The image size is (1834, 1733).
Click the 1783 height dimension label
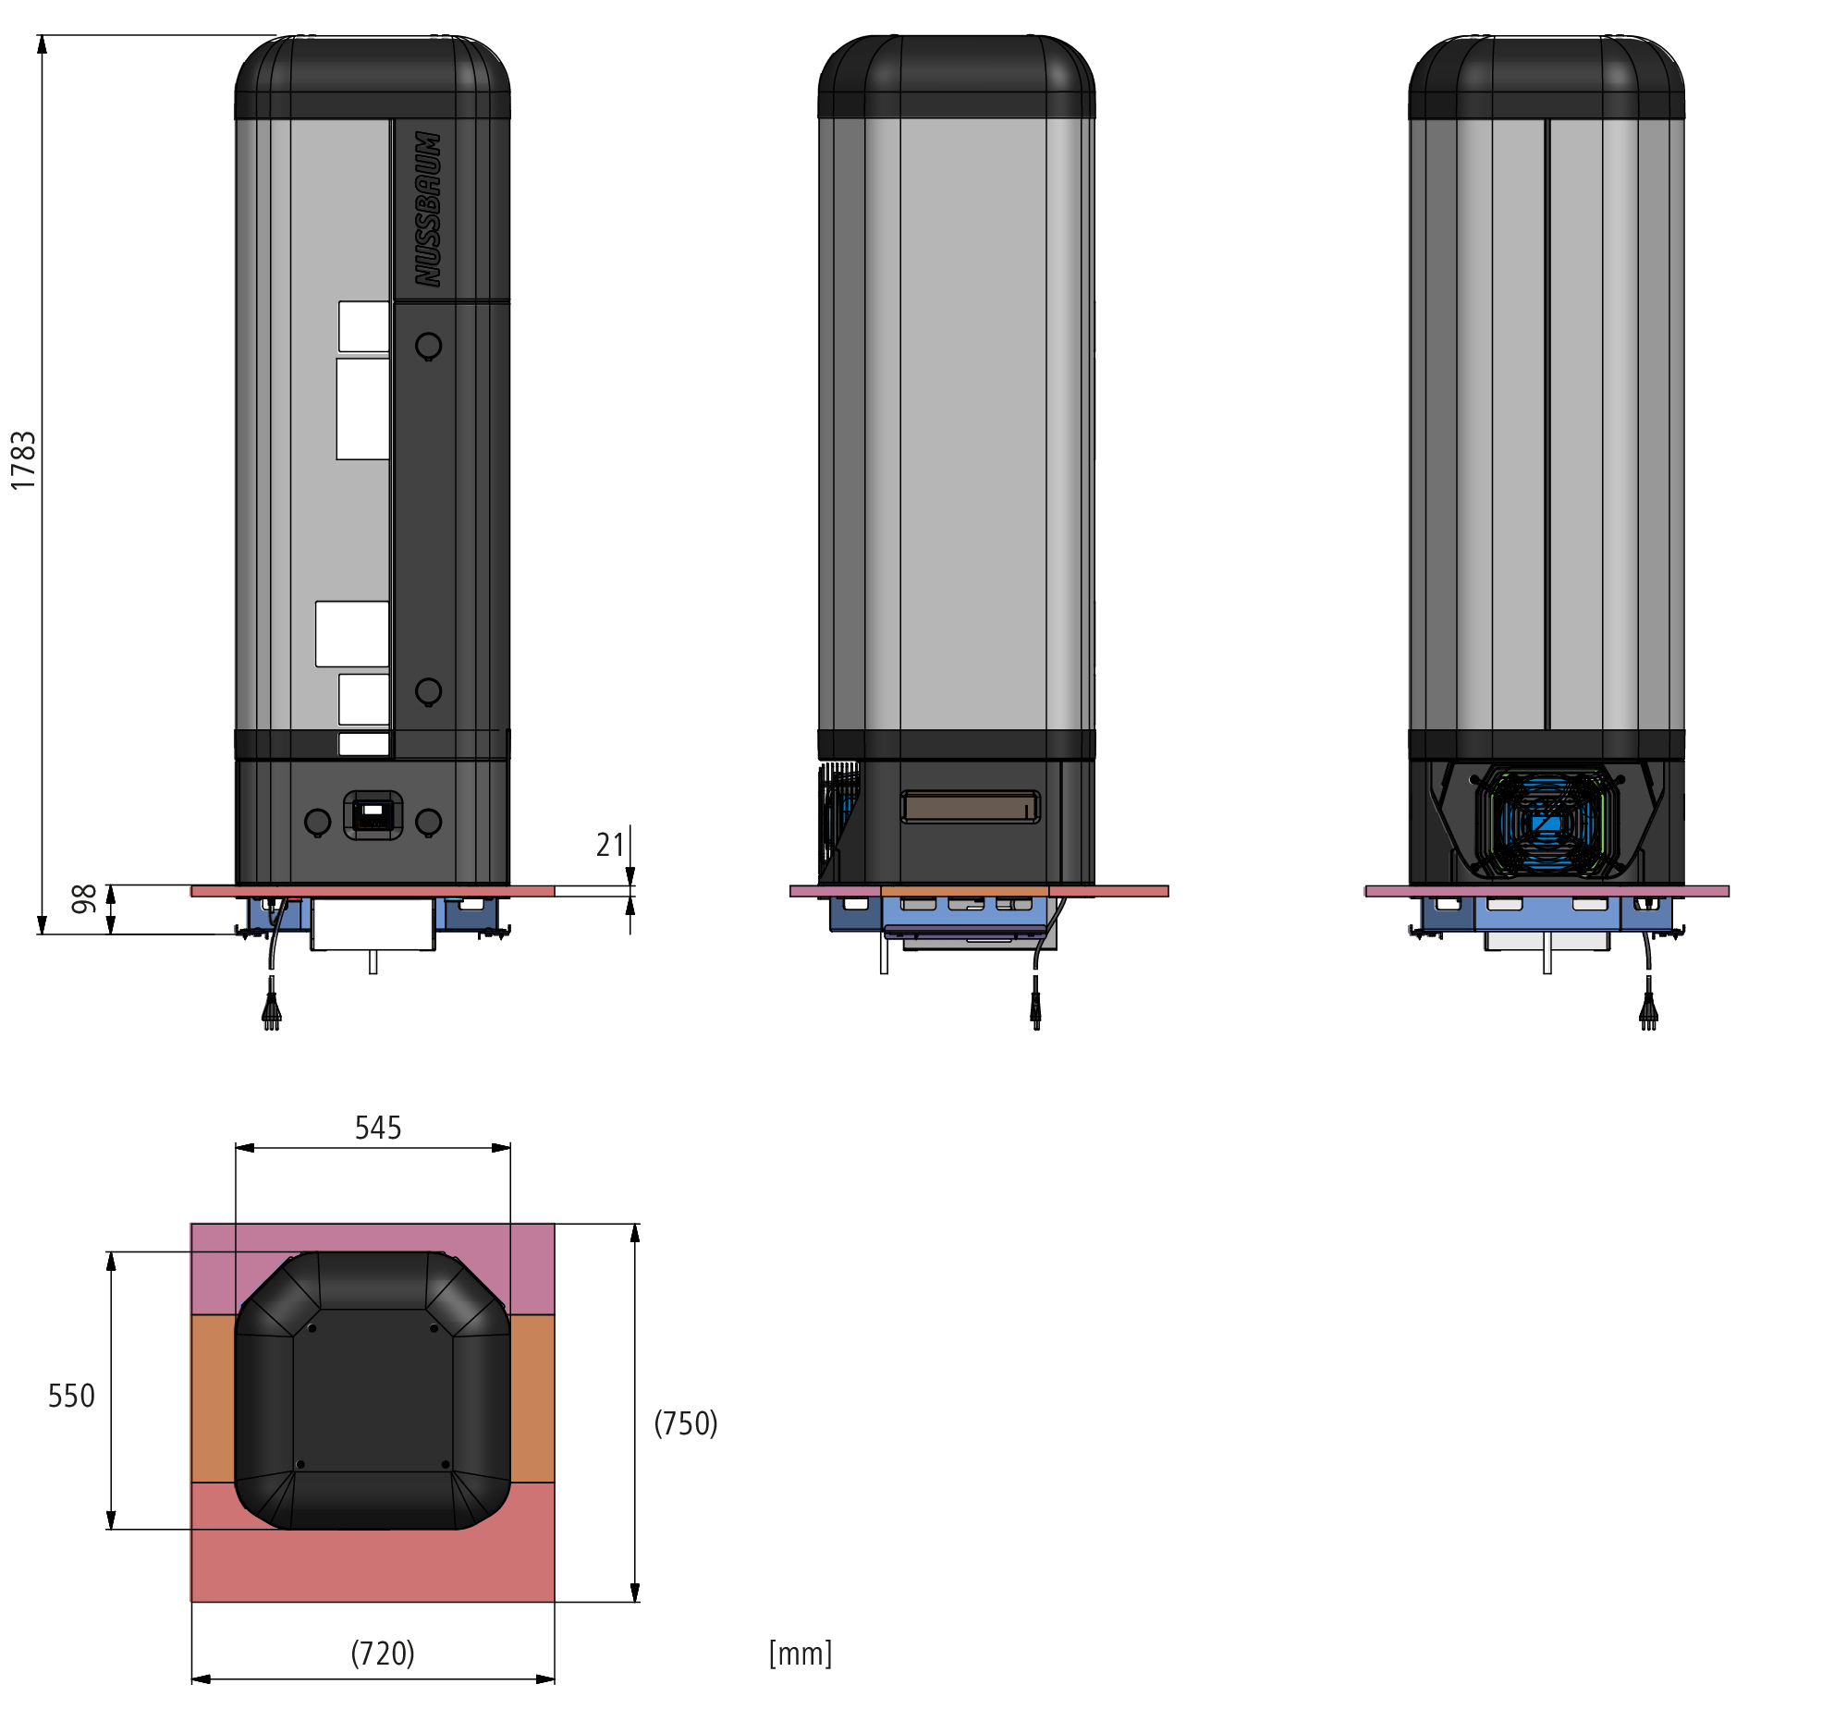pyautogui.click(x=23, y=460)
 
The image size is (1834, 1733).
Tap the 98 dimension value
pyautogui.click(x=84, y=898)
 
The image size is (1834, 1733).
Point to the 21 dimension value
pyautogui.click(x=610, y=845)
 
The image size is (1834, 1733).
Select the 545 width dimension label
pyautogui.click(x=378, y=1128)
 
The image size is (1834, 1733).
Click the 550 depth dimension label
pyautogui.click(x=71, y=1396)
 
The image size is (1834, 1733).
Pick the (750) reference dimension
pyautogui.click(x=686, y=1423)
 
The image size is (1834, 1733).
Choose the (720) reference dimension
pyautogui.click(x=383, y=1654)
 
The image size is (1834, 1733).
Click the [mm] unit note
pyautogui.click(x=801, y=1654)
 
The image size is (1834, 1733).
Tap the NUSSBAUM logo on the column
pyautogui.click(x=427, y=209)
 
